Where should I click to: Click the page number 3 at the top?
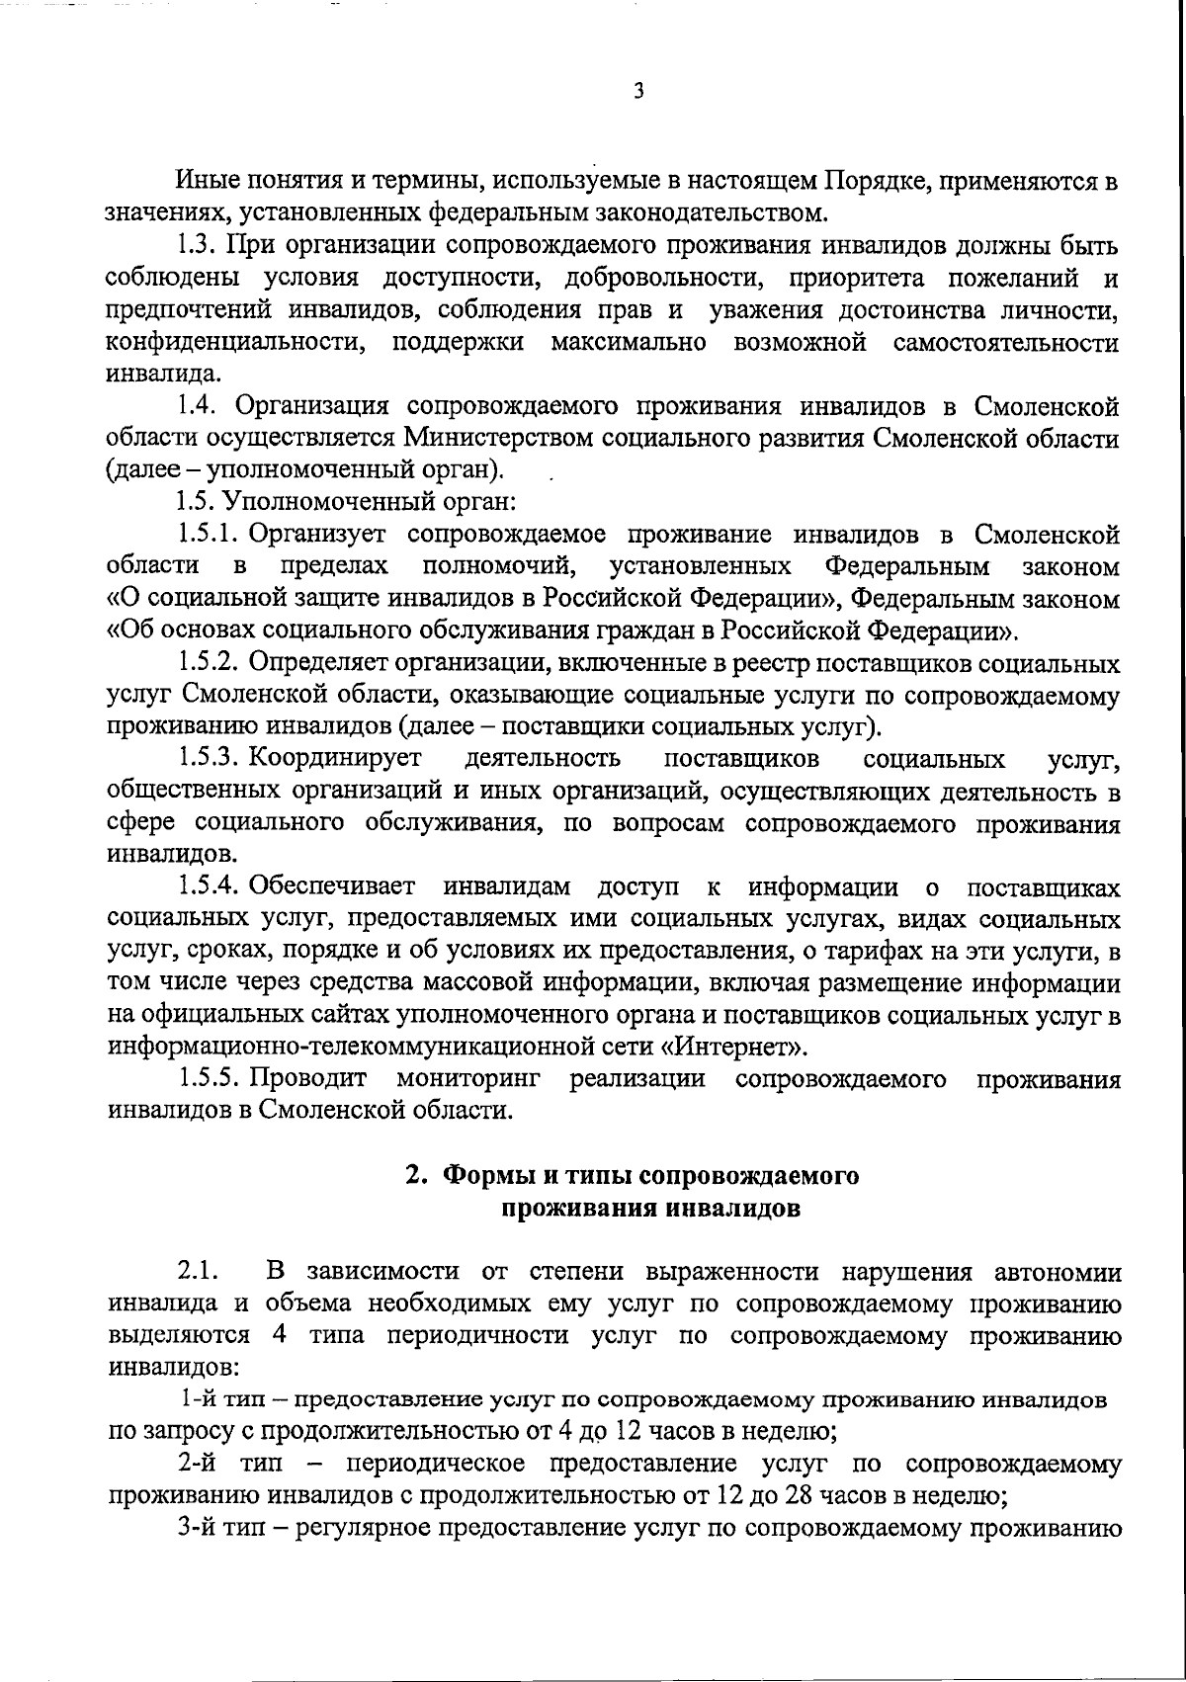638,92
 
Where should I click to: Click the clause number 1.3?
197,246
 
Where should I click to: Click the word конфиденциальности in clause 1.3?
231,343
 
